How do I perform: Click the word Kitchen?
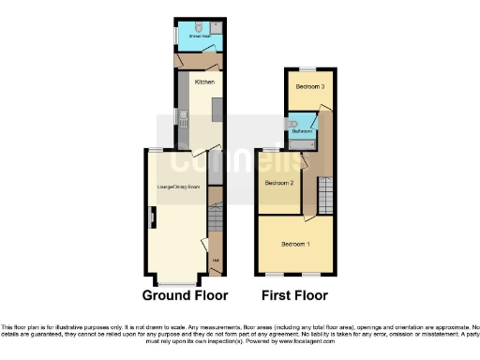coord(204,82)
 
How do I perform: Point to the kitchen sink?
coord(185,119)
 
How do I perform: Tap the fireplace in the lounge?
coord(152,218)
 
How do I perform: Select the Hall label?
coord(216,261)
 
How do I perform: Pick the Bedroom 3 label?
coord(309,87)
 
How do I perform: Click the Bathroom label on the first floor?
coord(301,131)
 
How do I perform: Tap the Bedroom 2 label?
coord(279,184)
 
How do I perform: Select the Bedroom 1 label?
coord(296,244)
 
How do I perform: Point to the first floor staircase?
coord(325,196)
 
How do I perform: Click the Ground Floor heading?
coord(185,295)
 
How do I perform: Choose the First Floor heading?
coord(295,295)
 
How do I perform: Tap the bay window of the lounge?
coord(177,281)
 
